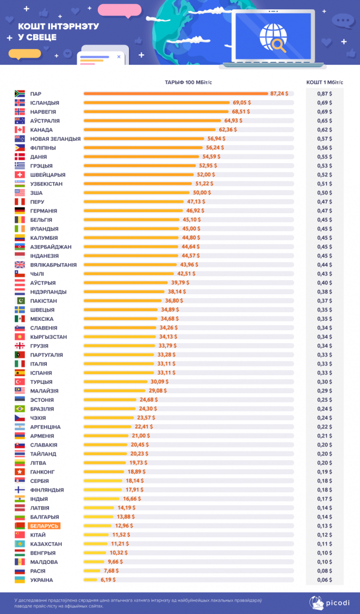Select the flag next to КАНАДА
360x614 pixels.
tap(20, 130)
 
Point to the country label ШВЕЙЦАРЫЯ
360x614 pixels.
tap(48, 175)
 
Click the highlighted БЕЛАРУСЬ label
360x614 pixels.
tap(44, 526)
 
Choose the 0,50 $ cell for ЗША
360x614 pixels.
tap(325, 193)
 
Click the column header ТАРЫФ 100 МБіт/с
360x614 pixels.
tap(187, 82)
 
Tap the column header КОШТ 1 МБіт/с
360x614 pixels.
tap(325, 82)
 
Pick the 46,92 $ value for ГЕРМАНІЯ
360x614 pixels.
tap(191, 210)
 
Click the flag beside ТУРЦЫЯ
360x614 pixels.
tap(20, 382)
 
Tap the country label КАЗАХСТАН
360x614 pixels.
tap(46, 544)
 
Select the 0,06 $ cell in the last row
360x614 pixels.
tap(325, 580)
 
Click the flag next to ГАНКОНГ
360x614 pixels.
tap(20, 472)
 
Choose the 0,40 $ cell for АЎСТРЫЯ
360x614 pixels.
tap(325, 283)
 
